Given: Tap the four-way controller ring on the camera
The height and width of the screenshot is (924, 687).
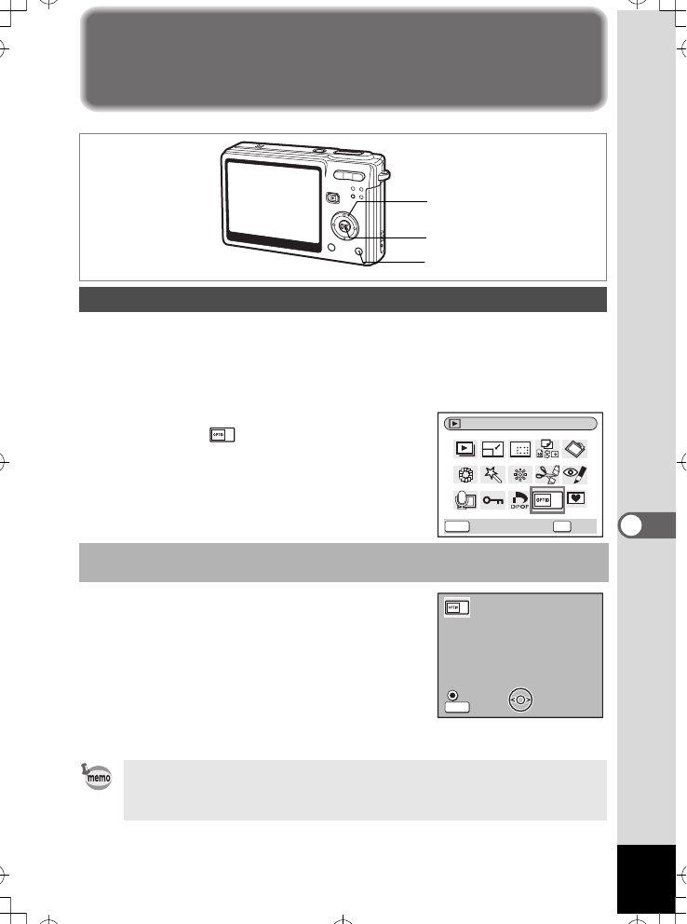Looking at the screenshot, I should pos(344,225).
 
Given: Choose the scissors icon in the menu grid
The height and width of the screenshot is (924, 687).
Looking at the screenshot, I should pos(547,472).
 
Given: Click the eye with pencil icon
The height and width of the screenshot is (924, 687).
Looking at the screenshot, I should pos(575,472).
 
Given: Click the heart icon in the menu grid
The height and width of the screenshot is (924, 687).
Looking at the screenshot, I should pos(575,498).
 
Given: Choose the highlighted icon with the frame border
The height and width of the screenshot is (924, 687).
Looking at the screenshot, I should pos(547,499).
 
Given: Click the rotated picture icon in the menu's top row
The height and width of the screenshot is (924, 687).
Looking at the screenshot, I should pos(575,447).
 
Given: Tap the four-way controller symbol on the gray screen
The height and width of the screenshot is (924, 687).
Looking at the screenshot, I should pos(522,700).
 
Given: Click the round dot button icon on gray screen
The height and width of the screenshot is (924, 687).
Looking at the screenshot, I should pos(453,694).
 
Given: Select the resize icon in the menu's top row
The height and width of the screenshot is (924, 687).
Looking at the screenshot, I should pos(492,448).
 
